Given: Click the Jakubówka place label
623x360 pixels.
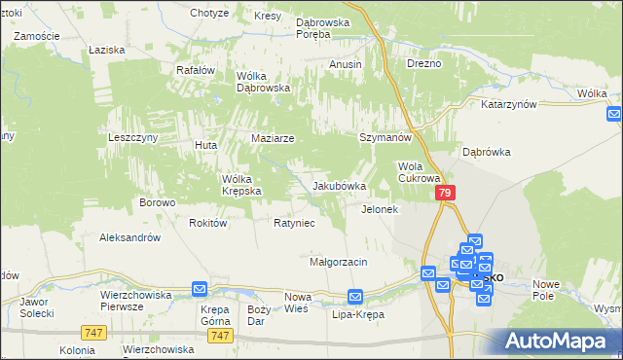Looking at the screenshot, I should point(339,186).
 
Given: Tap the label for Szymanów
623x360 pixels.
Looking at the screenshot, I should point(383,138).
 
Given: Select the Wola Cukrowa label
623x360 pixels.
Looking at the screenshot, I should point(420,172).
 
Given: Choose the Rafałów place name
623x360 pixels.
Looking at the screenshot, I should point(195,70).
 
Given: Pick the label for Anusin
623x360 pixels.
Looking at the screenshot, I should point(346,64).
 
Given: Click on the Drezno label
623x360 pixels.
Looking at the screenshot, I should point(424,63).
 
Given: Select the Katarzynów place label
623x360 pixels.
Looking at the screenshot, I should point(509,103).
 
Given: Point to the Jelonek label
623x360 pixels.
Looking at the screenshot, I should point(380,209).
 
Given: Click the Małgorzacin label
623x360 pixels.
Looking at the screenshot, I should point(338,262).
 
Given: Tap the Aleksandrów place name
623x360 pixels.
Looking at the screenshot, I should point(129,237).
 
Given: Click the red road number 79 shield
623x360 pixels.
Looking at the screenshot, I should point(444,194).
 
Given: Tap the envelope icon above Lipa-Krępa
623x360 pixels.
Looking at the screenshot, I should point(356,296).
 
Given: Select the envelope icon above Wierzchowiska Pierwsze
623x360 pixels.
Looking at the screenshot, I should point(199,288).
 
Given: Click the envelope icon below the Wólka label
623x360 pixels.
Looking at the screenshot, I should point(613,114).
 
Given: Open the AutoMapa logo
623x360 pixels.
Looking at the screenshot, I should point(559,340).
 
